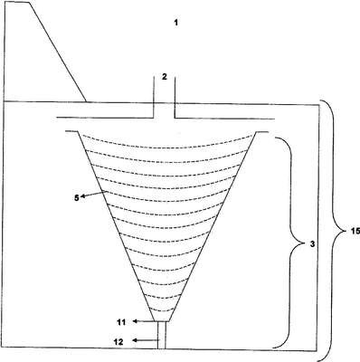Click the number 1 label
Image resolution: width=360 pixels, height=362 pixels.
coord(176,23)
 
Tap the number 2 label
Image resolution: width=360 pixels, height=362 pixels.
coord(164,77)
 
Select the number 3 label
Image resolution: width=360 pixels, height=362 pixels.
coord(312,244)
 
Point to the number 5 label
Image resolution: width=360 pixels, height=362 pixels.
coord(77,198)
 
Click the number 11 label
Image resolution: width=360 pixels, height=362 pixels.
coord(121,322)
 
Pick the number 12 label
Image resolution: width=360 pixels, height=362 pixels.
coord(118,342)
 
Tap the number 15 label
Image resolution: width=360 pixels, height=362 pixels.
coord(355,231)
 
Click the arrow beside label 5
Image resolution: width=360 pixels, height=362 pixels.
coord(92,195)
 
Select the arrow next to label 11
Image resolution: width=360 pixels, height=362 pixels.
coord(144,321)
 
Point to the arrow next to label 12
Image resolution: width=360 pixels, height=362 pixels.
coord(146,340)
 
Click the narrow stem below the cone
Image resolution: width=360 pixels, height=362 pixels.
coord(162,335)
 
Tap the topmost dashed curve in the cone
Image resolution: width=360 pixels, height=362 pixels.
coord(167,144)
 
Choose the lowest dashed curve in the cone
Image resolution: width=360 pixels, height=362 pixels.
coord(162,310)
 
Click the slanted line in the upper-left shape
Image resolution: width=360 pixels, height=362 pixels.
coord(58,52)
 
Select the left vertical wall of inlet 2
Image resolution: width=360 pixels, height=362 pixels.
coord(154,97)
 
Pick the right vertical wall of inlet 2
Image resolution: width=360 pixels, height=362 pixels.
coord(175,98)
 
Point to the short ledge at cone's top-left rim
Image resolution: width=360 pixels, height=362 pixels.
coord(71,131)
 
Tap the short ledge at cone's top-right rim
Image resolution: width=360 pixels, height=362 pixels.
coord(262,132)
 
